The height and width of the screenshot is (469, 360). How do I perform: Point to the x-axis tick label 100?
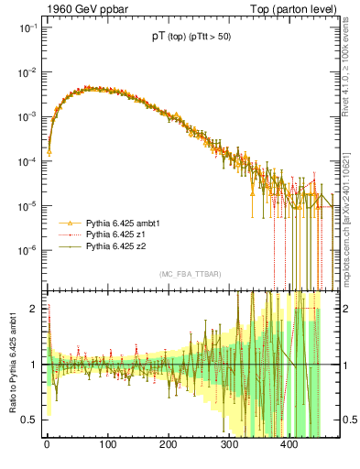108,446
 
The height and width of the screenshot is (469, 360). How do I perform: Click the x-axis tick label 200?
169,446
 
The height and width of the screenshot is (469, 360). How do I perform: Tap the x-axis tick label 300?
230,446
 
